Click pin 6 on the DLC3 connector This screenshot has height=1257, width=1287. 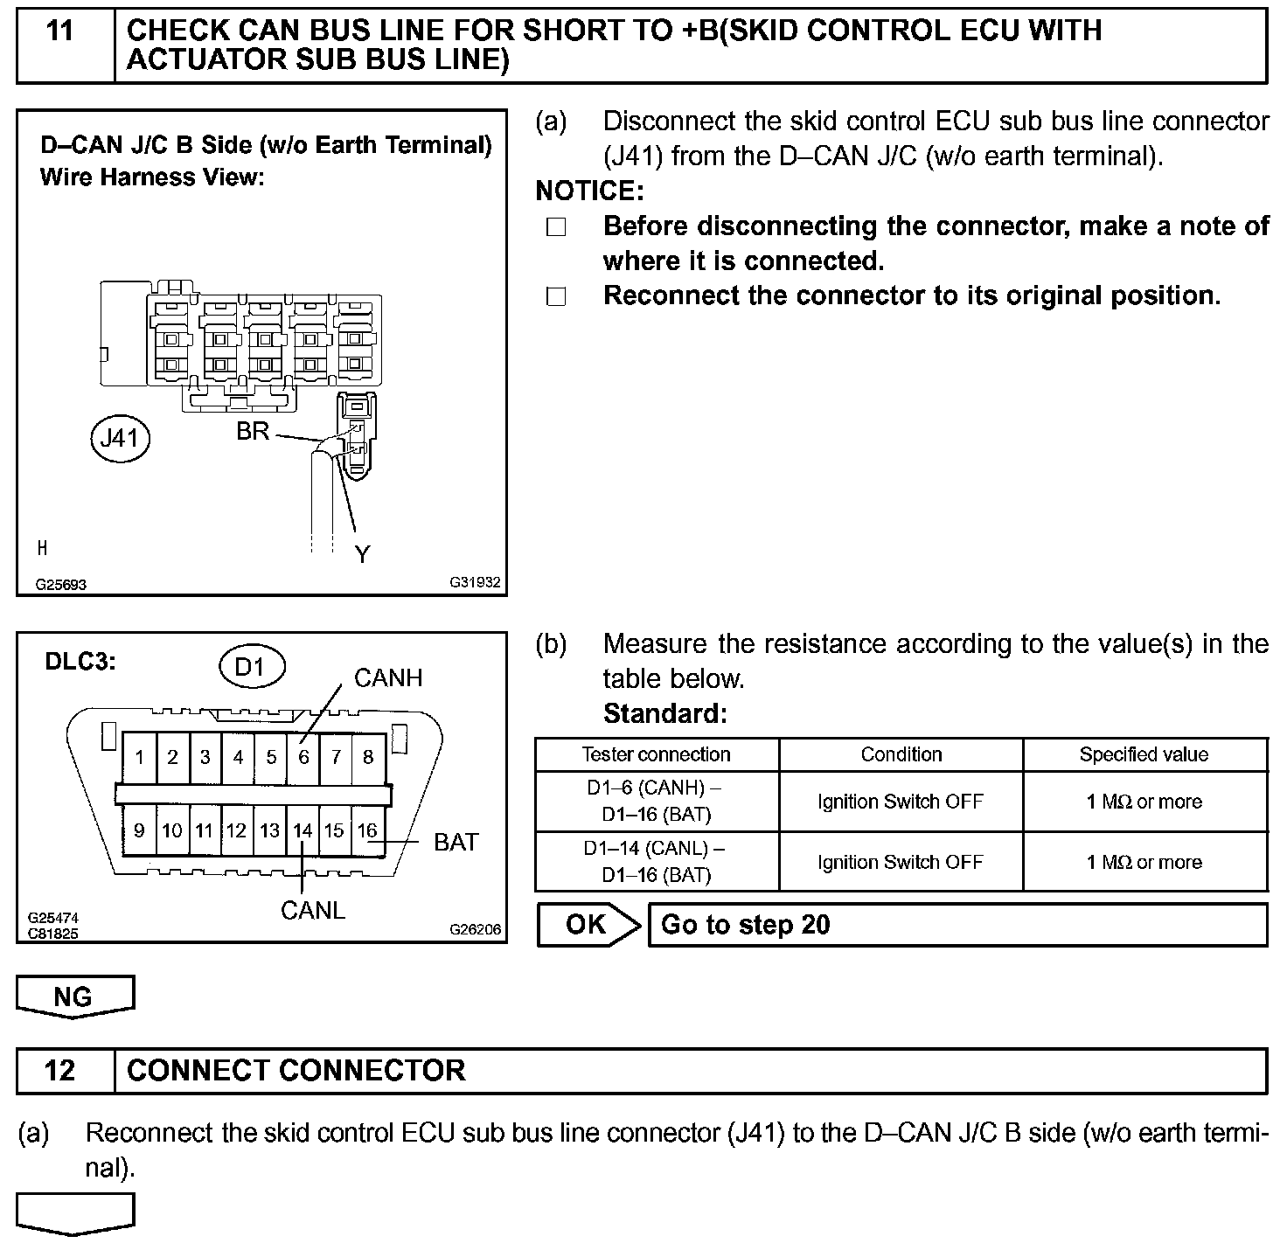click(x=303, y=757)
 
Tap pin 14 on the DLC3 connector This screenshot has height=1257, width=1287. click(x=303, y=830)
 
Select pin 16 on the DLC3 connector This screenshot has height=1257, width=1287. click(x=367, y=830)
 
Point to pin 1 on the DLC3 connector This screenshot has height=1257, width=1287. click(x=140, y=757)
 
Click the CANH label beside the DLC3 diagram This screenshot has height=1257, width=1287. click(x=387, y=678)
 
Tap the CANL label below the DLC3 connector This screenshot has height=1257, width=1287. click(x=313, y=911)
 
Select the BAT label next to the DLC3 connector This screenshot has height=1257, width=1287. click(x=456, y=843)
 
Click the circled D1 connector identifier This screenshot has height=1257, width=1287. click(x=251, y=668)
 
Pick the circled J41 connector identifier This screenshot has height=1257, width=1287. click(x=120, y=437)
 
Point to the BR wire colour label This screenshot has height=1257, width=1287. click(x=253, y=432)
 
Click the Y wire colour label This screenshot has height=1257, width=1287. click(x=363, y=554)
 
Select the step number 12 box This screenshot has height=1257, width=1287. click(x=60, y=1070)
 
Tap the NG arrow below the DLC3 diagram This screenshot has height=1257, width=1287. click(x=75, y=997)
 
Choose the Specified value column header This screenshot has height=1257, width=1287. click(x=1144, y=754)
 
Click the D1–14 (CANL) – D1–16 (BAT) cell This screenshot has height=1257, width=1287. click(x=656, y=862)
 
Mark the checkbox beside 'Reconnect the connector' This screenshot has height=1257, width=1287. click(x=556, y=297)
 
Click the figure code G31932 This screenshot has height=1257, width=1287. click(x=476, y=582)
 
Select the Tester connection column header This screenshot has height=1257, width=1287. click(x=656, y=754)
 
